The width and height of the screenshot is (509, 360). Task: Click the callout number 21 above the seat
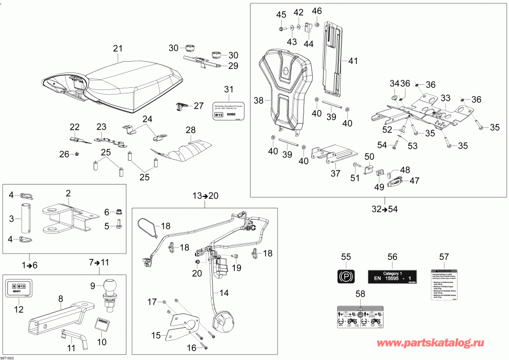[118, 48]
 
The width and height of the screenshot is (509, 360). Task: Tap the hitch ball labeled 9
[110, 288]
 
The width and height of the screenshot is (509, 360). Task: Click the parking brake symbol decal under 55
[344, 277]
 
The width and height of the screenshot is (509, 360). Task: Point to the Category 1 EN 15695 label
[392, 276]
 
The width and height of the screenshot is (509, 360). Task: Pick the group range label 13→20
[205, 196]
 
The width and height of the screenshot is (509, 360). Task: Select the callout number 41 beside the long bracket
[353, 61]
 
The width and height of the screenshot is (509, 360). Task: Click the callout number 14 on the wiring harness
[224, 293]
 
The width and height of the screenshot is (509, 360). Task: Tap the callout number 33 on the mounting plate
[446, 97]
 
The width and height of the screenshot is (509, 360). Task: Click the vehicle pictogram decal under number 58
[360, 316]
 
